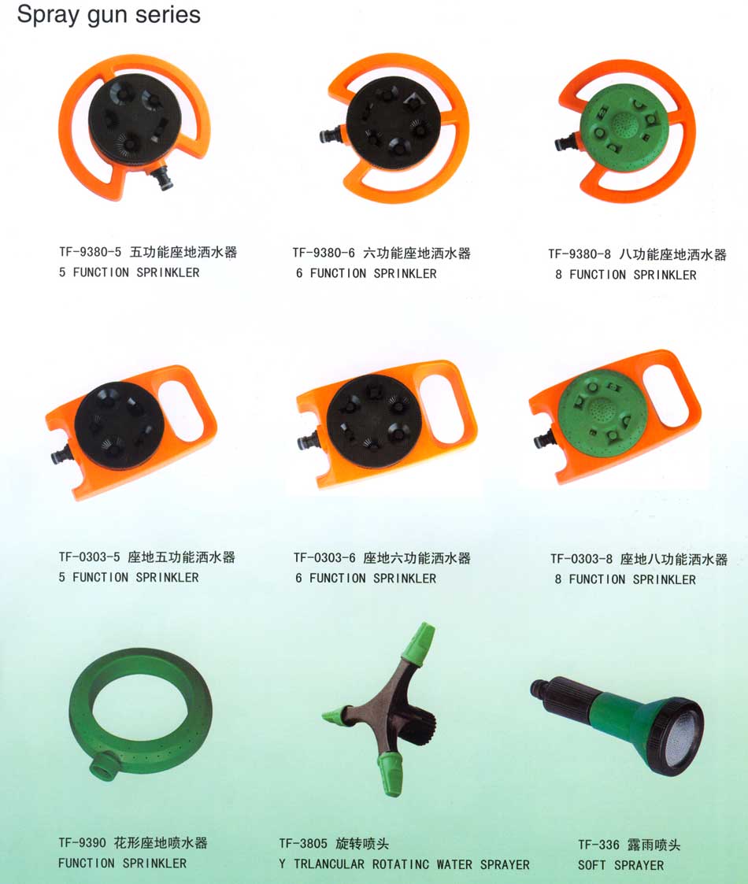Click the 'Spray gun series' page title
coord(109,15)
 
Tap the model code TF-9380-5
coord(91,252)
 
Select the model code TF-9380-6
coord(324,253)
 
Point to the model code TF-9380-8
coord(580,254)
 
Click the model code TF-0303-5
coord(89,557)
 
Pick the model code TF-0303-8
coord(581,559)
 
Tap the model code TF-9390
coord(82,843)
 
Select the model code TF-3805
coord(303,844)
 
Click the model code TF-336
coord(598,845)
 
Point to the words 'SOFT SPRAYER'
coord(620,865)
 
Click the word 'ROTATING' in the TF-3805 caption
coord(401,864)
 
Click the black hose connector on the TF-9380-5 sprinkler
coord(162,178)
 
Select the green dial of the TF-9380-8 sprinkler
coord(624,126)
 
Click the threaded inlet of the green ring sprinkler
coord(105,767)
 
